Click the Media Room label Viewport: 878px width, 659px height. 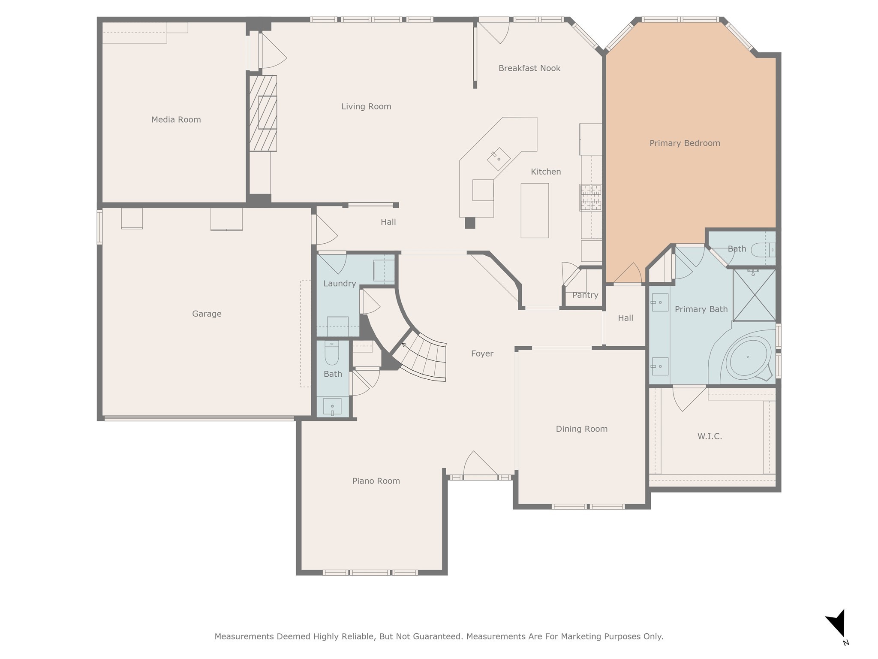pyautogui.click(x=176, y=120)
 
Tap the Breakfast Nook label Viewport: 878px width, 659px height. pyautogui.click(x=529, y=68)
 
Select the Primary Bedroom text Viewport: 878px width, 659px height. pyautogui.click(x=685, y=143)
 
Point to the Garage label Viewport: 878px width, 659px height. pyautogui.click(x=207, y=314)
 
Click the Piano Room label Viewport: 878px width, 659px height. pyautogui.click(x=376, y=481)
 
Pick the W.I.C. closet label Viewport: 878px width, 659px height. pyautogui.click(x=710, y=436)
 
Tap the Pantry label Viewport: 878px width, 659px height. pyautogui.click(x=585, y=295)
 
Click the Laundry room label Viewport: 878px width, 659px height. pyautogui.click(x=340, y=284)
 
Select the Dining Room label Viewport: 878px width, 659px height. pyautogui.click(x=582, y=429)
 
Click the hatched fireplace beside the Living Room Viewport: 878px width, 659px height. pyautogui.click(x=263, y=113)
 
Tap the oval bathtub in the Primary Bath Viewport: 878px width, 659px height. pyautogui.click(x=748, y=357)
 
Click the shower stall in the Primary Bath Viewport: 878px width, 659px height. pyautogui.click(x=754, y=295)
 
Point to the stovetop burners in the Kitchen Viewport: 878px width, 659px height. pyautogui.click(x=591, y=197)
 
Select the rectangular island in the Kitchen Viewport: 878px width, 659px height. pyautogui.click(x=535, y=211)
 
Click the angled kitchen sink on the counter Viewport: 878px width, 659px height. pyautogui.click(x=499, y=159)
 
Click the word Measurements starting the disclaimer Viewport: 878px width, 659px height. pyautogui.click(x=244, y=636)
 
